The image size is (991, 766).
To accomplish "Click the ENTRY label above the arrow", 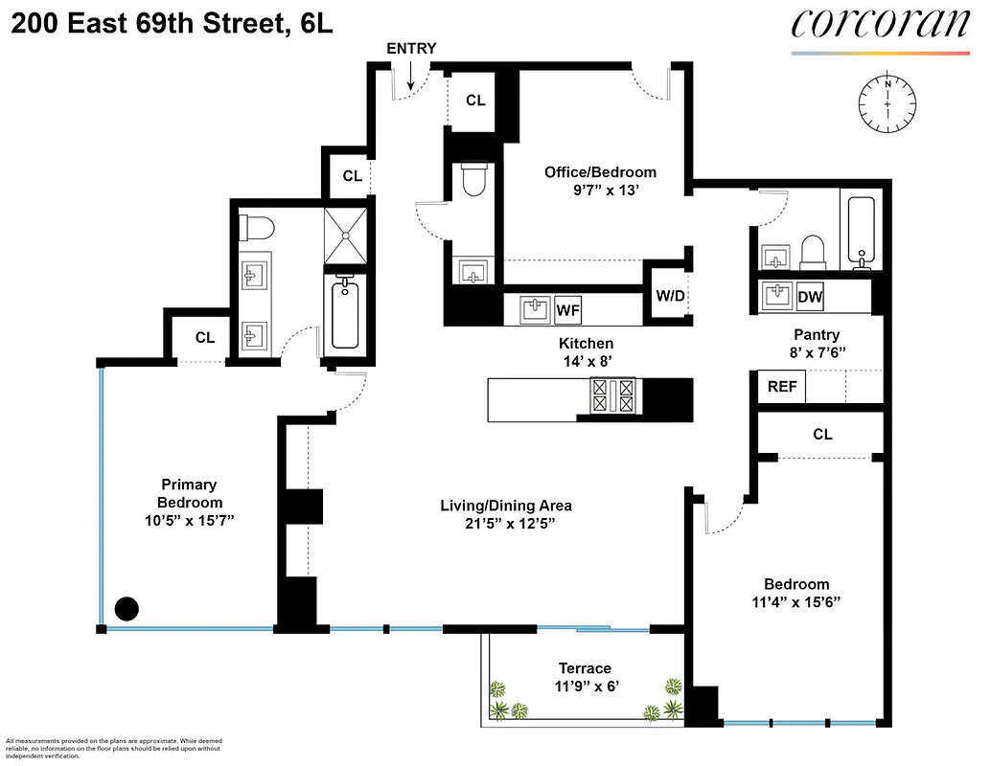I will click(x=411, y=49).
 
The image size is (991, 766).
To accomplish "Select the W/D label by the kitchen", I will click(x=670, y=296).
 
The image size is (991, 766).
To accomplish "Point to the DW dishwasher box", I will click(x=810, y=298).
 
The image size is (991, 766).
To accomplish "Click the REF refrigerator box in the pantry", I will click(x=781, y=388).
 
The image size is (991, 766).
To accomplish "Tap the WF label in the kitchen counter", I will click(x=568, y=310).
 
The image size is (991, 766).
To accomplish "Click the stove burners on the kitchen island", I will click(x=613, y=395).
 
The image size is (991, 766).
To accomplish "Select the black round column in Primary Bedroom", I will click(x=127, y=608).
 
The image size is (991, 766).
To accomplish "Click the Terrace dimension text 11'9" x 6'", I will click(x=585, y=687).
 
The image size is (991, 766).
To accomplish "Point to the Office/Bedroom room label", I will click(x=601, y=172).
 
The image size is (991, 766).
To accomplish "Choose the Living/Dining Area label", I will click(x=505, y=506).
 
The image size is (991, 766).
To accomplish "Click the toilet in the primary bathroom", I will click(x=258, y=228).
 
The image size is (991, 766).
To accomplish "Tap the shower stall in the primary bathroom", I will click(x=346, y=235).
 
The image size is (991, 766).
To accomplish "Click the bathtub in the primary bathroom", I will click(x=346, y=313).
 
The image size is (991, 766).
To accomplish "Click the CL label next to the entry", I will click(x=475, y=101).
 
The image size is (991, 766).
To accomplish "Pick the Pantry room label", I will click(x=817, y=335).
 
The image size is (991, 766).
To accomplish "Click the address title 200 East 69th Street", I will click(x=173, y=25).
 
